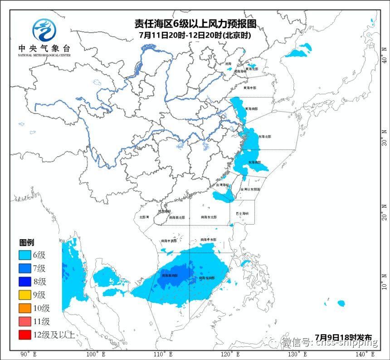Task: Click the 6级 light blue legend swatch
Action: (x=25, y=255)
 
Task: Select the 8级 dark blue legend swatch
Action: (x=25, y=281)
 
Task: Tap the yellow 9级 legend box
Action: (x=25, y=295)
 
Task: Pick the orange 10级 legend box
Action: (x=25, y=308)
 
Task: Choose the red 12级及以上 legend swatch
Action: (x=25, y=335)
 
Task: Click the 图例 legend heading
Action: (x=26, y=243)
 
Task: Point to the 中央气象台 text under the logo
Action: (x=44, y=48)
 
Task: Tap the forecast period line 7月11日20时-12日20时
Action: (x=195, y=34)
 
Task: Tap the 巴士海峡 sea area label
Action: (x=243, y=213)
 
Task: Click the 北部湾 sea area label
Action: (x=144, y=217)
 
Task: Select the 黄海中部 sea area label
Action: (x=250, y=88)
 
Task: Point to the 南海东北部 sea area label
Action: (x=209, y=217)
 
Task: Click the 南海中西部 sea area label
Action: (x=169, y=241)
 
